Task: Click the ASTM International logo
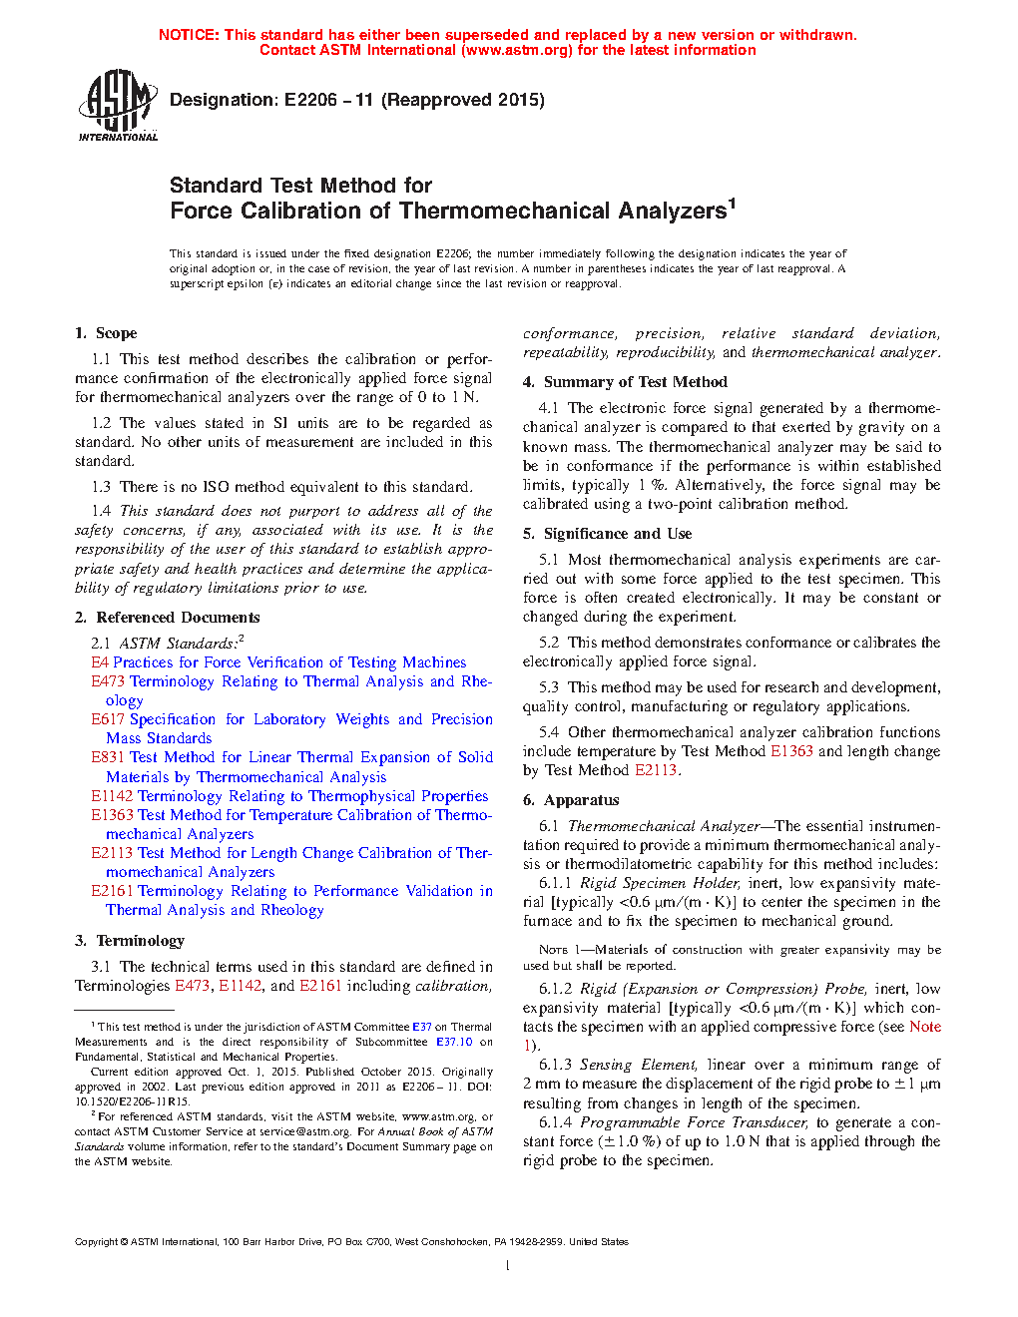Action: click(118, 105)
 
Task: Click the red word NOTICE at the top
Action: click(189, 35)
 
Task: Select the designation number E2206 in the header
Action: click(310, 100)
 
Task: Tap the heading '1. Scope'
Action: click(106, 333)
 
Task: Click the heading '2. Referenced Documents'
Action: click(167, 618)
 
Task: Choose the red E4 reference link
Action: click(100, 662)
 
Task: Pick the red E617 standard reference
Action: click(108, 719)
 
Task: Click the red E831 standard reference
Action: click(108, 757)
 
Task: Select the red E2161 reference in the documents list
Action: click(112, 891)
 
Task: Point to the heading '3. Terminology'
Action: click(130, 941)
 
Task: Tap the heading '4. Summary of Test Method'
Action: click(625, 382)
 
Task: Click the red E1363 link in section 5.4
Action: click(791, 751)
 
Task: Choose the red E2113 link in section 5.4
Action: click(656, 770)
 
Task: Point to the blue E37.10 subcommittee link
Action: click(454, 1042)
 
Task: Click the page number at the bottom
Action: click(508, 1266)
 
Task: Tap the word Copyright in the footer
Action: click(96, 1242)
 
